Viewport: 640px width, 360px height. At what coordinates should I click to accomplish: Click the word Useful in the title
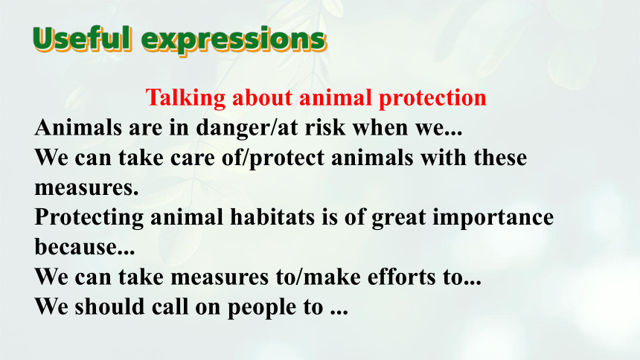pos(83,39)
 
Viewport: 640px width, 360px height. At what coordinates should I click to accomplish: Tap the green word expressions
pos(234,41)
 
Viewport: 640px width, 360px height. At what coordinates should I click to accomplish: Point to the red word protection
pos(432,98)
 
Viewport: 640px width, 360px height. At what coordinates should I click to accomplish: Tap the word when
pos(380,127)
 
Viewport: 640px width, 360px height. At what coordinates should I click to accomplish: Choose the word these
pos(500,158)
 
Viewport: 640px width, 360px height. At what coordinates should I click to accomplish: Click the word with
pos(444,158)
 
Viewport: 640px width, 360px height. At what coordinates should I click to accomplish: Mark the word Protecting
pos(89,217)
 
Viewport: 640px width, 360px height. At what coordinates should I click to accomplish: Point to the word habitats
pos(272,216)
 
